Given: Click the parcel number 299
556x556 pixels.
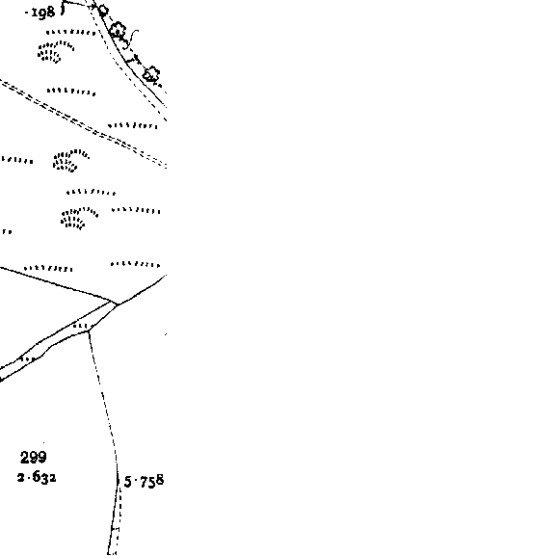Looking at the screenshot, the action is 34,457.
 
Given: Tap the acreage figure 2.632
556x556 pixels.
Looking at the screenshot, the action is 37,477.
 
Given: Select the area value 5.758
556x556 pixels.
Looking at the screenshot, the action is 144,481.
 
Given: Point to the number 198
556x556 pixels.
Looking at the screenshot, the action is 43,13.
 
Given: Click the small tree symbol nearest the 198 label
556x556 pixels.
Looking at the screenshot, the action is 103,11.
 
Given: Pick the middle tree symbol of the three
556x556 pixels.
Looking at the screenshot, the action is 118,31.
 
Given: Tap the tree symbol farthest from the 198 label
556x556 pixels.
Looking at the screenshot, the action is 151,75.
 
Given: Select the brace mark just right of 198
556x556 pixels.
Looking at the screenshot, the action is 63,9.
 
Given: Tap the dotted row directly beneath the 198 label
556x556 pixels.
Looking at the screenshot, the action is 71,33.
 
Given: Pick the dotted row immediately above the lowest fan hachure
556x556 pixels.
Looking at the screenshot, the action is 91,193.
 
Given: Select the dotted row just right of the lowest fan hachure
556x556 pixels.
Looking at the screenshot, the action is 136,211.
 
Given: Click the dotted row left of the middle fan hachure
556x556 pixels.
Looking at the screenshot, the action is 17,160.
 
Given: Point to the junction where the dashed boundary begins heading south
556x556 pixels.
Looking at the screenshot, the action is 89,331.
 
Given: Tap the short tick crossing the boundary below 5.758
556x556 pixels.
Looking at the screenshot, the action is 116,529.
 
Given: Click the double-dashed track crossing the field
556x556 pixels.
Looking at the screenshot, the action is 83,124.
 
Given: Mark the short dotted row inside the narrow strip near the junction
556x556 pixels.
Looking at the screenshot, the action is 81,326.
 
